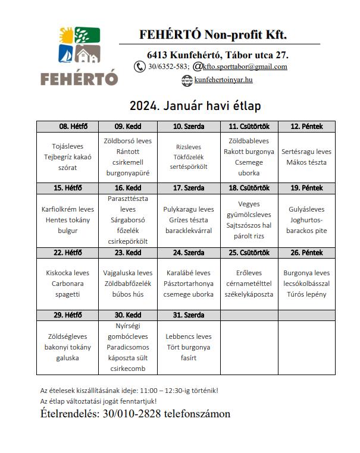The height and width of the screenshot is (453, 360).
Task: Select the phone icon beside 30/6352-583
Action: (x=140, y=67)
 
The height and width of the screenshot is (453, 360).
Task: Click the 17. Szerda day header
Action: (x=188, y=188)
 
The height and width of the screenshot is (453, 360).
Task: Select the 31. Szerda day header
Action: (x=188, y=314)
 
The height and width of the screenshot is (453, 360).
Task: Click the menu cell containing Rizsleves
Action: (x=188, y=157)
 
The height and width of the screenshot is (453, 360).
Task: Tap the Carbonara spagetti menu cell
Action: (x=67, y=284)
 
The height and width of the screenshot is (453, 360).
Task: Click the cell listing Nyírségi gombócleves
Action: (x=127, y=347)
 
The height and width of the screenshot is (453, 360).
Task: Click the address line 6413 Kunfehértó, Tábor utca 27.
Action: (x=218, y=55)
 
